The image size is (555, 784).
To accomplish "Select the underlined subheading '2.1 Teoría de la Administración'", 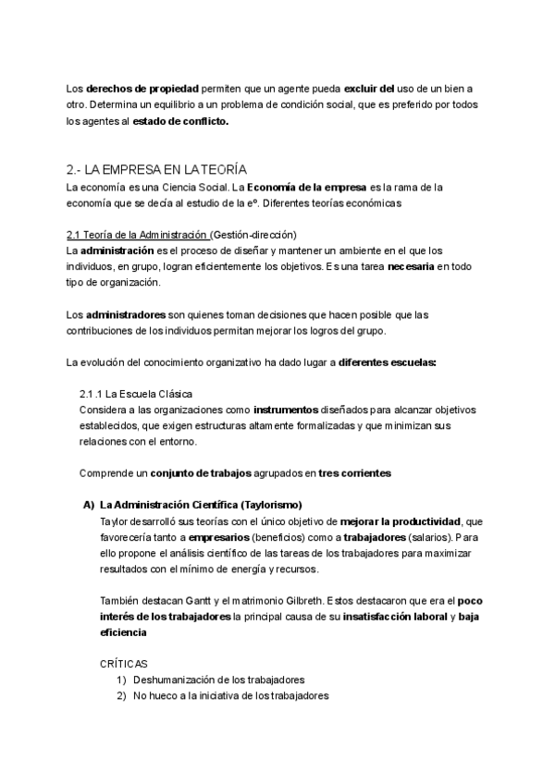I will pos(139,234).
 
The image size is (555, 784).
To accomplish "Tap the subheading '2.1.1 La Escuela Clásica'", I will pos(136,393).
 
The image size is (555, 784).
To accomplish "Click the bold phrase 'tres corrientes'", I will pos(354,473).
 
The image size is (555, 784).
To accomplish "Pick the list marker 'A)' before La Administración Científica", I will pos(90,505).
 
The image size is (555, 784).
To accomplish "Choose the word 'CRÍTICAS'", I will pos(123,664).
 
